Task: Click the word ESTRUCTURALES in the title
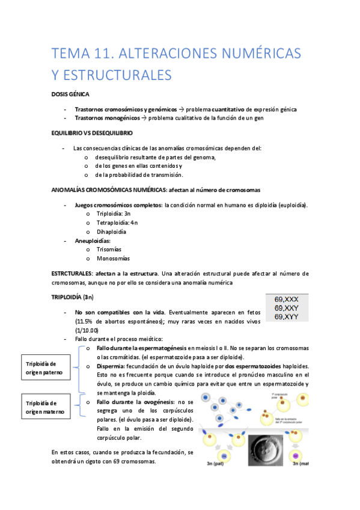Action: pos(112,75)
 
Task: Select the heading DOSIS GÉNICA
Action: pos(70,94)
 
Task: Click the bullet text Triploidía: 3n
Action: pos(109,214)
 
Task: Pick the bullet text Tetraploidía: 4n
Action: pos(112,223)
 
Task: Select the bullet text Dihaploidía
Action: pos(111,232)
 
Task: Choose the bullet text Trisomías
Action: pos(109,249)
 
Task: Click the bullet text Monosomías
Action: pos(112,258)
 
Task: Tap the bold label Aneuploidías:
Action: pos(93,241)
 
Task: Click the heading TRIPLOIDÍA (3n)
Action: pos(72,297)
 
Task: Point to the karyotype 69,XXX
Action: pos(286,299)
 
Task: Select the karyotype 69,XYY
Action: pos(286,316)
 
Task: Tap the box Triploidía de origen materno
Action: pos(41,407)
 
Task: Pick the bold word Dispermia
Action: pos(112,366)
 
